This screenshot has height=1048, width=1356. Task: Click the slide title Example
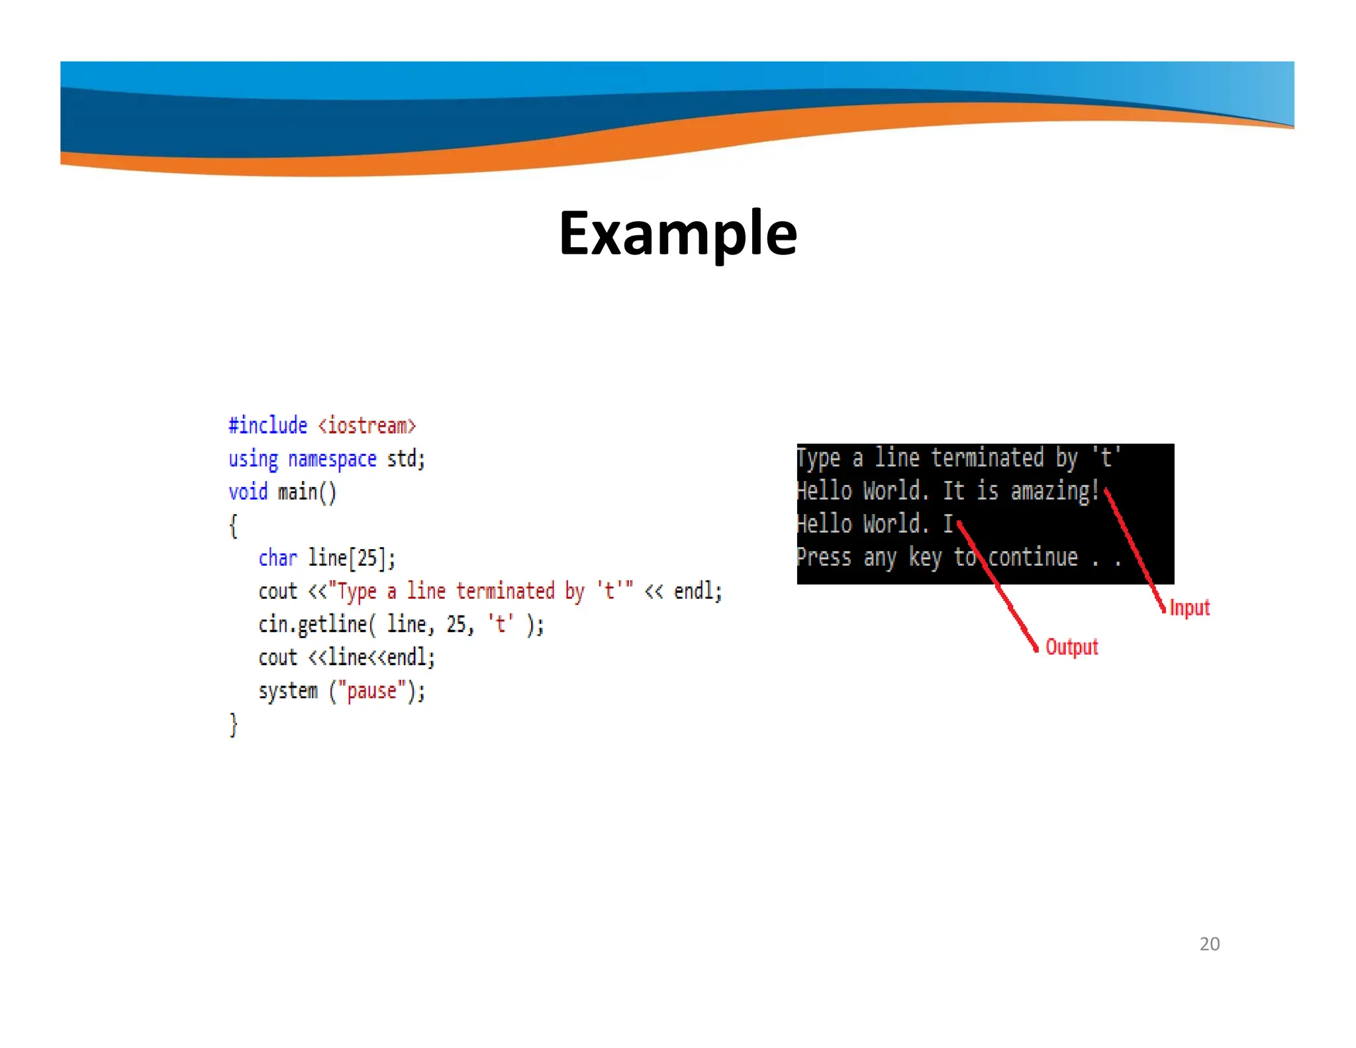coord(677,233)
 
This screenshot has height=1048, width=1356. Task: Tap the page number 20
coord(1209,943)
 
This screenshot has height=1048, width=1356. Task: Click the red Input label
coord(1189,607)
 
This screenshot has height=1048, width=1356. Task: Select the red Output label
coord(1071,647)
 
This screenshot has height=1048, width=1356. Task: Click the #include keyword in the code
coord(267,425)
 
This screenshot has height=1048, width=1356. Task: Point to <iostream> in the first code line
coord(367,425)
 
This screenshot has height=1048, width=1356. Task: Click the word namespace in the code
coord(332,458)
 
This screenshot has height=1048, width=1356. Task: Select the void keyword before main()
coord(248,492)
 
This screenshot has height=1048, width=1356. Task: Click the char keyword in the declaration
coord(277,558)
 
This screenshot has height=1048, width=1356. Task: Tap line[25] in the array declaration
coord(352,558)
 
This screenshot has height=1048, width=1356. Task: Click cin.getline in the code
coord(313,624)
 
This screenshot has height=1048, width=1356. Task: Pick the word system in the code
coord(288,690)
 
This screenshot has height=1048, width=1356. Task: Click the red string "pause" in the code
coord(371,690)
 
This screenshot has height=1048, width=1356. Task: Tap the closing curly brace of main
coord(233,724)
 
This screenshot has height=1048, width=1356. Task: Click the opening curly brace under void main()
coord(233,525)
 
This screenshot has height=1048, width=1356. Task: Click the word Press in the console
coord(824,557)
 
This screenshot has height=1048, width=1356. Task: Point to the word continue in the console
coord(1033,557)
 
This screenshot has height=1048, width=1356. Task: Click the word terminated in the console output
coord(987,458)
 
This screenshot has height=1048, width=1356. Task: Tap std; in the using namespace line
coord(405,458)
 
